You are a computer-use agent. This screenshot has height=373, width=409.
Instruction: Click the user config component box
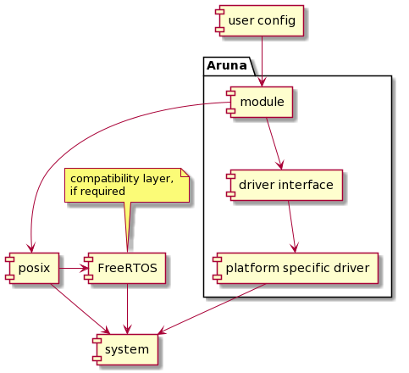pos(260,20)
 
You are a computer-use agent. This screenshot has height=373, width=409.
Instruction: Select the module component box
pos(260,102)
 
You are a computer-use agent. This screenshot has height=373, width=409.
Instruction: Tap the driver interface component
pos(285,185)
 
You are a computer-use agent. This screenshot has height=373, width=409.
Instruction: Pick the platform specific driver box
pos(296,268)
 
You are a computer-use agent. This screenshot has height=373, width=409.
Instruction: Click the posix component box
pos(32,268)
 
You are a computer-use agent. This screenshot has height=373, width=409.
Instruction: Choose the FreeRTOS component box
pos(124,268)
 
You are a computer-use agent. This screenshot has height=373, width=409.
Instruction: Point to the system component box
pos(125,349)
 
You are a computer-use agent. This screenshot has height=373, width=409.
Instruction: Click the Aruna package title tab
pos(229,66)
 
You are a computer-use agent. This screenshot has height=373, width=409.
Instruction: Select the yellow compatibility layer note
pos(127,185)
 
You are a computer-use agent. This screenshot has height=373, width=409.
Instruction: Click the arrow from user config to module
pos(262,61)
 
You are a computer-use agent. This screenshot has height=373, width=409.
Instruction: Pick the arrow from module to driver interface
pos(274,143)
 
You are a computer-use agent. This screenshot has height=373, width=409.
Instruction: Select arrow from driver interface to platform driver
pos(292,226)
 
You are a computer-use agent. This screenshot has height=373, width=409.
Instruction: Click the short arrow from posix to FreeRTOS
pos(74,268)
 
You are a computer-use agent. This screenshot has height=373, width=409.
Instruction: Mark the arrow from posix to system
pos(80,309)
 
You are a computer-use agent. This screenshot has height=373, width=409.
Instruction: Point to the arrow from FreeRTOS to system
pos(128,309)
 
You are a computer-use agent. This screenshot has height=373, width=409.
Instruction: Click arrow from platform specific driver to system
pos(212,309)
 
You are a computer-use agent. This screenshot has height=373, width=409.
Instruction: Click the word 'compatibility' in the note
pos(105,179)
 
